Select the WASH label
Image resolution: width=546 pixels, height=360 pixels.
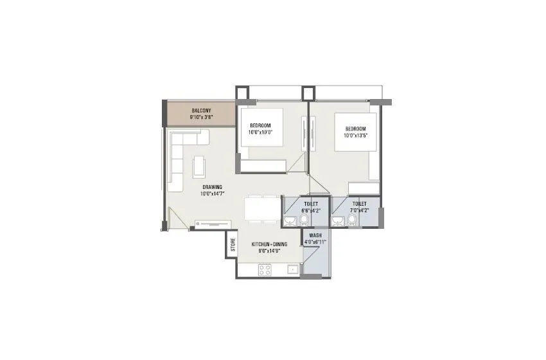pos(315,235)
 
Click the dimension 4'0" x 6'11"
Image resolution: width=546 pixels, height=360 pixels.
pos(315,242)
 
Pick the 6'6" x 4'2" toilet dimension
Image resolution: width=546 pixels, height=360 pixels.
pos(311,210)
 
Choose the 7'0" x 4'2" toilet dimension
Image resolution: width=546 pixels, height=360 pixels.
pos(360,210)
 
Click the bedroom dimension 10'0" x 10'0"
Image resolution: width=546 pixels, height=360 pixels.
pos(261,132)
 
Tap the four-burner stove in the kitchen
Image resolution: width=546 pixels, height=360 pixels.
pos(265,270)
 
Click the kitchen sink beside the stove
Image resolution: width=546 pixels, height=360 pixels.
pos(292,270)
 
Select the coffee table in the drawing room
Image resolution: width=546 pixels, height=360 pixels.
pos(200,166)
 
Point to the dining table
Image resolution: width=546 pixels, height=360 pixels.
pos(262,209)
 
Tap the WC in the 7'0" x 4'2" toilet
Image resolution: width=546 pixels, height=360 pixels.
pos(352,221)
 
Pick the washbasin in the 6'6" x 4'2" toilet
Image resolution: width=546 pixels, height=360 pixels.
pos(290,221)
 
